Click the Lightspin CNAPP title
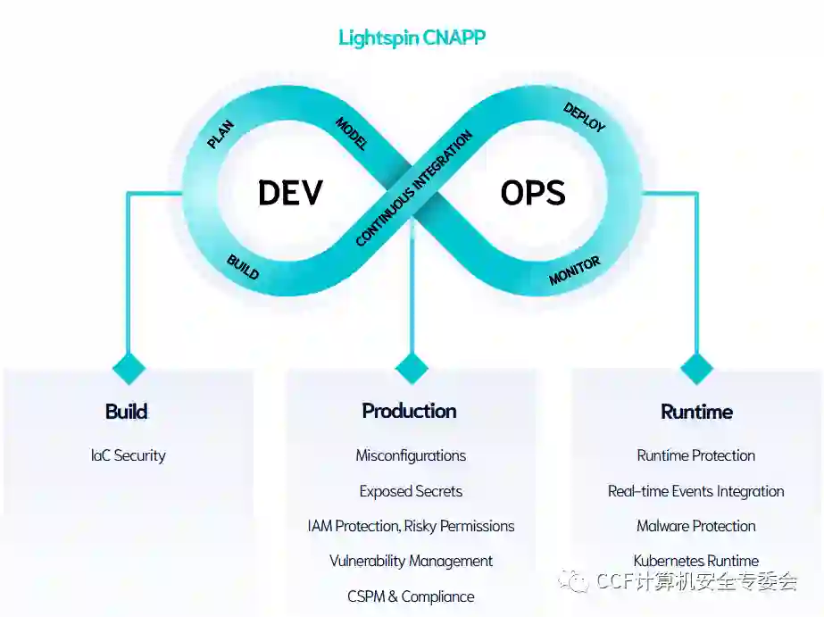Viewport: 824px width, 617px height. coord(412,38)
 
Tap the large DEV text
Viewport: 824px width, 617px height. coord(290,193)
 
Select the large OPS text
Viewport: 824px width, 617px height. coord(533,193)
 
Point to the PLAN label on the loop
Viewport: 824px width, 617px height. coord(221,134)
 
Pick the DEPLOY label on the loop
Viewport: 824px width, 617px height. coord(585,117)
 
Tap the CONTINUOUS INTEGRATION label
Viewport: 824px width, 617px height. coord(413,188)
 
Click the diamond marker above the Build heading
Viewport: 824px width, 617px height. coord(129,368)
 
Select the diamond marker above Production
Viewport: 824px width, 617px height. coord(412,368)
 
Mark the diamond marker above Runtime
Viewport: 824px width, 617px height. coord(696,368)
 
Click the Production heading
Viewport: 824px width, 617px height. coord(410,411)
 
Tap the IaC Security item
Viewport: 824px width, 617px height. coord(128,455)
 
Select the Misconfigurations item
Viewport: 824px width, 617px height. coord(411,455)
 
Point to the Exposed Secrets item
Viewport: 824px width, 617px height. coord(411,491)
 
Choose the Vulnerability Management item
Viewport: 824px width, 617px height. coord(411,561)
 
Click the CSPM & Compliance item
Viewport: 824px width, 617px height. coord(411,596)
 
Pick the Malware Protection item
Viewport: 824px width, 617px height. coord(696,526)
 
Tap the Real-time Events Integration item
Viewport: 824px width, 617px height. coord(696,491)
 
